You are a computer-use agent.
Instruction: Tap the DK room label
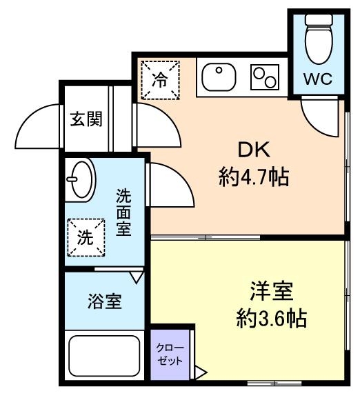(x=252, y=150)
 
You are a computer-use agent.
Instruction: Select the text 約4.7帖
(x=253, y=177)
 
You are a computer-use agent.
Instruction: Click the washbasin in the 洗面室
(x=80, y=179)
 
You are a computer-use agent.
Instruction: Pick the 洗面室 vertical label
(x=123, y=212)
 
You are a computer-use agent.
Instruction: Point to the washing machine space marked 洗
(x=86, y=238)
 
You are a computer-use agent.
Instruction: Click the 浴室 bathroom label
(x=105, y=301)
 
